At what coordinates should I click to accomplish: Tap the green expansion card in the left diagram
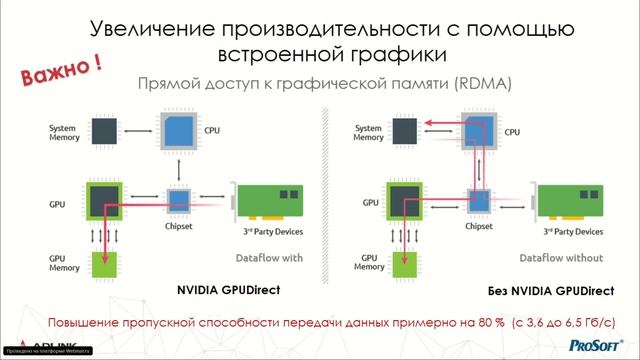coord(268,201)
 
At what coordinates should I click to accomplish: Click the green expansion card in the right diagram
coord(570,201)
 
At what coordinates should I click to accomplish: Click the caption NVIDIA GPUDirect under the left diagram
coord(227,290)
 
